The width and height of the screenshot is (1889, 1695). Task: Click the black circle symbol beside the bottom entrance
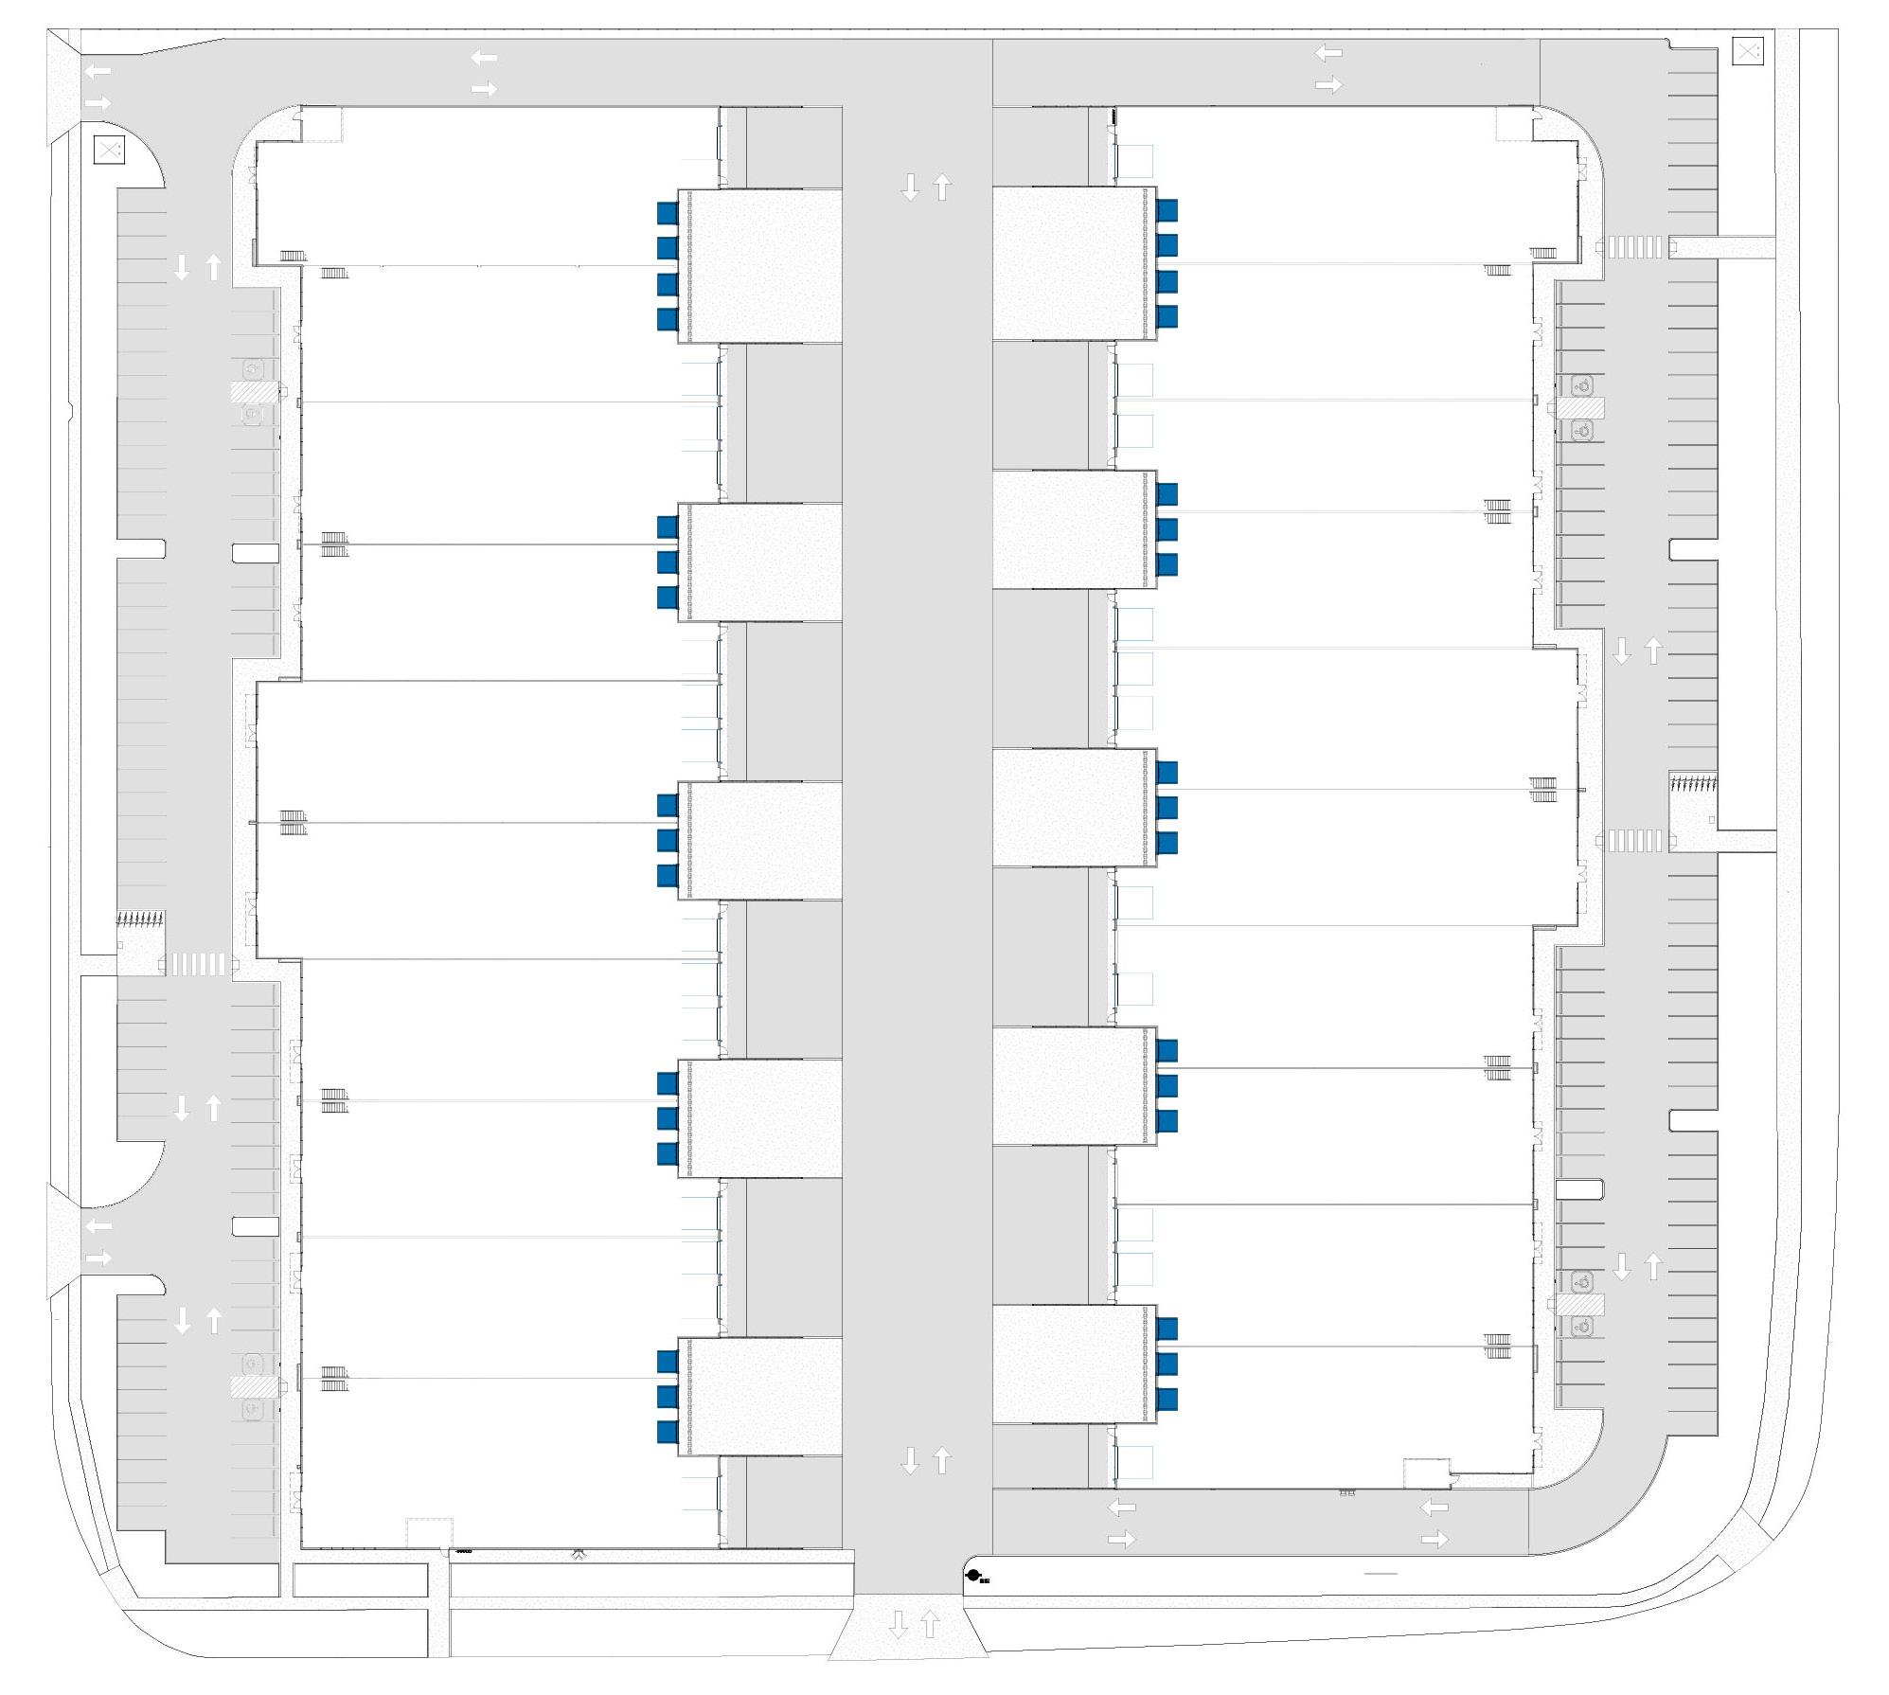pos(972,1576)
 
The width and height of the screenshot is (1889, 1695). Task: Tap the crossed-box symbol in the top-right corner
pos(1747,51)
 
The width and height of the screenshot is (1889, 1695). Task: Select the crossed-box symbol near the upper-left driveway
pos(109,149)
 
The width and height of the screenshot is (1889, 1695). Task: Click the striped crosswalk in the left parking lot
pos(198,964)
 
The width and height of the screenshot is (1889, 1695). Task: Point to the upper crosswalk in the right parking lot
pos(1633,247)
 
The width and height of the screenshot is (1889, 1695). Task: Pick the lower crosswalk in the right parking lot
pos(1633,840)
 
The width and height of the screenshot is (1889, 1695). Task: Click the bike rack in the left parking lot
pos(140,918)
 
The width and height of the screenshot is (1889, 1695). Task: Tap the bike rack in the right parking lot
pos(1693,783)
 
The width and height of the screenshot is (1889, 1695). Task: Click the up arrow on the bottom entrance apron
pos(930,1626)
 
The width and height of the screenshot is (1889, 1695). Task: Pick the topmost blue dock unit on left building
pos(668,213)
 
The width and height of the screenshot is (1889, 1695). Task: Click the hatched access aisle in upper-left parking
pos(255,391)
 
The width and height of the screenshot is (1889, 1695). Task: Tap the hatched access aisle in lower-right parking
pos(1580,1304)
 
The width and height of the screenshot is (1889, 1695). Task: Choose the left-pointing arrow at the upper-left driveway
pos(98,71)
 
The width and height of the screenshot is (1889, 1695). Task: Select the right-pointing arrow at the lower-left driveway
pos(98,1258)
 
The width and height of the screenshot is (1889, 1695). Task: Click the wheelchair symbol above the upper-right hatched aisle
pos(1581,385)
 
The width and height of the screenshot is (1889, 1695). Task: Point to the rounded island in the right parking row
pos(1578,1188)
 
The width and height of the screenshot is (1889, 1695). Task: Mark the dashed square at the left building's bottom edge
pos(429,1533)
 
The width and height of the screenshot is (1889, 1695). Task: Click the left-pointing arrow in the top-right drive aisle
pos(1328,53)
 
